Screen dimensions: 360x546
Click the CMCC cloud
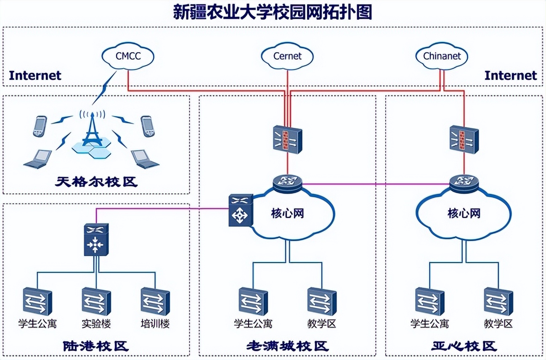coord(128,56)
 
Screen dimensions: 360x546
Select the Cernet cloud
coord(287,56)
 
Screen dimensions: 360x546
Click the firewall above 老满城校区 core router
coord(287,139)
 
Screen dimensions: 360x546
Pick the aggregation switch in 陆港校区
coord(96,239)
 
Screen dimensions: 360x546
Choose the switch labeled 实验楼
coord(96,301)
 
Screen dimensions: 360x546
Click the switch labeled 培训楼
coord(155,301)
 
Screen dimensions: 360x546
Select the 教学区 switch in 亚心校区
coord(498,301)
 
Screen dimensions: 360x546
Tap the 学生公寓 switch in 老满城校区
coord(253,301)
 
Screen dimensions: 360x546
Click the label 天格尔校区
coord(96,183)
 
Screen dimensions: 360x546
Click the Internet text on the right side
coord(511,76)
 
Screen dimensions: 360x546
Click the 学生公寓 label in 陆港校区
coord(37,324)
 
